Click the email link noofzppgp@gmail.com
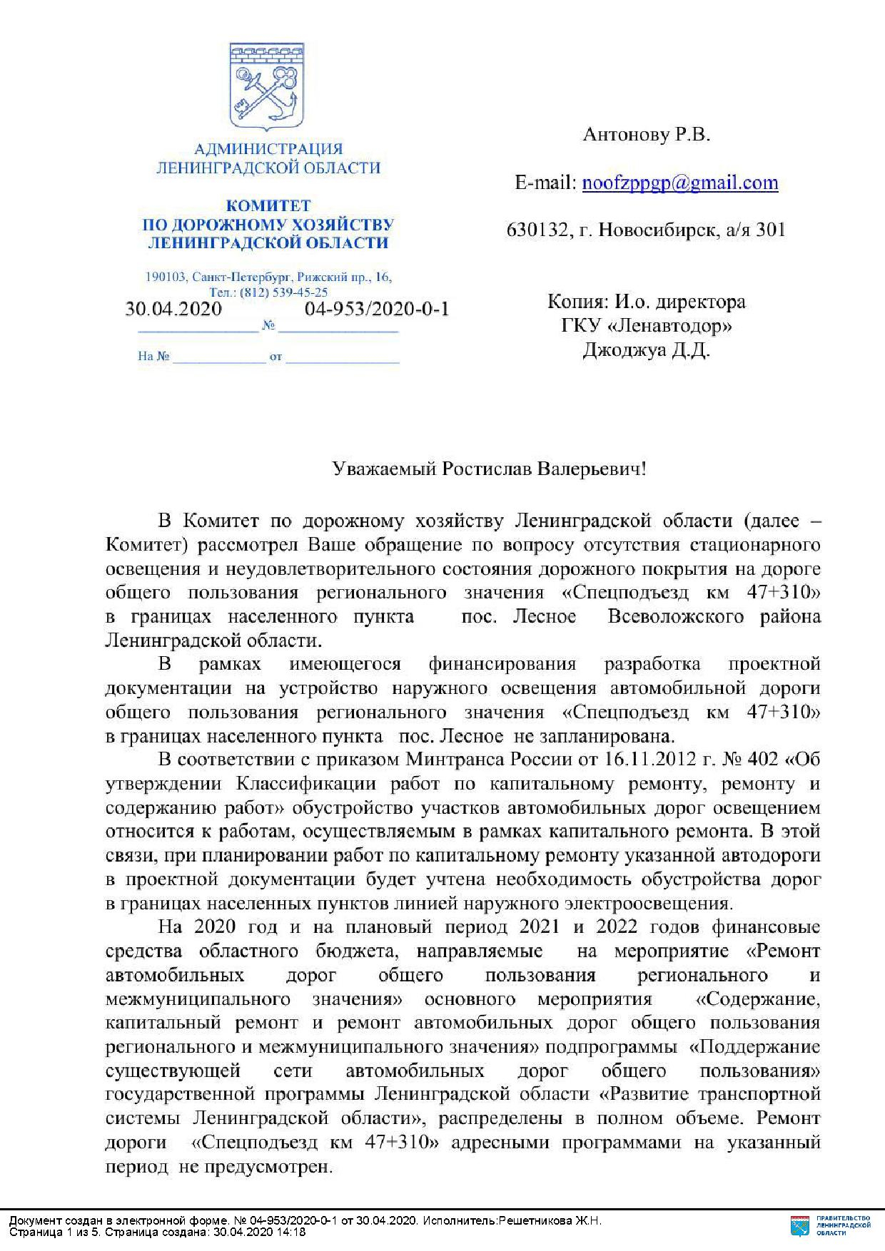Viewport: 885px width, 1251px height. point(680,183)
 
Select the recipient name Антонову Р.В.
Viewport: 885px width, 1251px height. point(647,135)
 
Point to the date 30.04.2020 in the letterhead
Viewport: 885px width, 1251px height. point(173,309)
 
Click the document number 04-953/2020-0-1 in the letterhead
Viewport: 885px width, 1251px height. point(377,309)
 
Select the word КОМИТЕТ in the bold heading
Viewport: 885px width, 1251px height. point(268,206)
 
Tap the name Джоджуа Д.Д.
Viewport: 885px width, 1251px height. point(647,350)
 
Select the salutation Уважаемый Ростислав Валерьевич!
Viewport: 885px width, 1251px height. point(490,469)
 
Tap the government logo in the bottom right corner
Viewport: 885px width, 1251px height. point(831,1225)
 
